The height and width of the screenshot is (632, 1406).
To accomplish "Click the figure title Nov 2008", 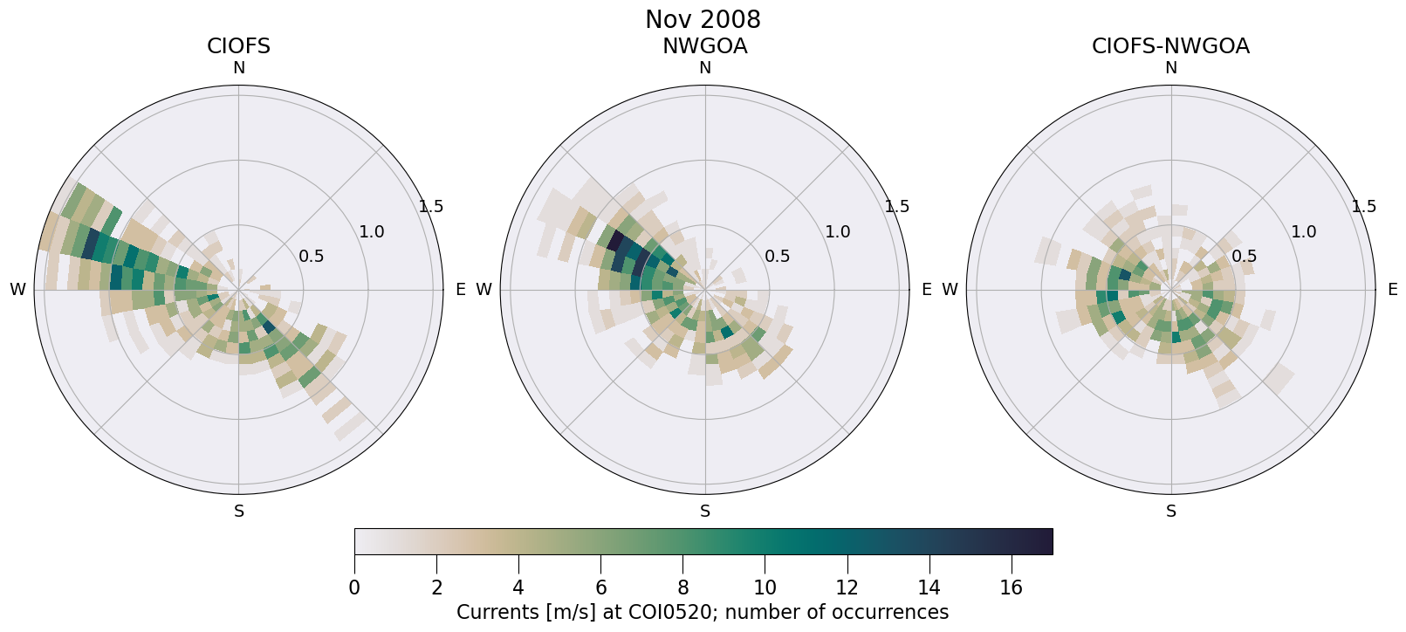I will [x=703, y=19].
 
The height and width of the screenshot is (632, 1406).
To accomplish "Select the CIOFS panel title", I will [x=238, y=46].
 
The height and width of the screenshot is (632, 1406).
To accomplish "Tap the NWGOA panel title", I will [x=704, y=46].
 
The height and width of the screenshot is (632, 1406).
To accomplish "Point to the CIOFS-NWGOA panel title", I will [x=1170, y=46].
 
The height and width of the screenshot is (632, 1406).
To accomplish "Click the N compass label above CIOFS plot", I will [x=238, y=68].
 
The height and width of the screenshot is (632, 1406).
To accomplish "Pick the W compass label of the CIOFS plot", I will [x=17, y=290].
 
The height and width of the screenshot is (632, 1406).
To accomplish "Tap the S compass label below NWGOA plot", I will [x=705, y=512].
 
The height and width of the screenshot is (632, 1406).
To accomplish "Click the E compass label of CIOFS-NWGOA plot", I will [x=1392, y=290].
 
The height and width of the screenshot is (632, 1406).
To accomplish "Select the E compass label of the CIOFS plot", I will [x=460, y=290].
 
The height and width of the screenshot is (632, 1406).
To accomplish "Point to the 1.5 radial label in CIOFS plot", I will [x=431, y=207].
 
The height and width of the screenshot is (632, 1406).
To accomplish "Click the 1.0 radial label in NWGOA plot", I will [x=838, y=232].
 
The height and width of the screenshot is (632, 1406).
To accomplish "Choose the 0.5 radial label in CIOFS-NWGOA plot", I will [x=1244, y=257].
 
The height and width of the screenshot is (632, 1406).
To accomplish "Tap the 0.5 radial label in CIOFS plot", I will [x=312, y=257].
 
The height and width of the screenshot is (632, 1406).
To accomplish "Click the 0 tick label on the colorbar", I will [x=354, y=588].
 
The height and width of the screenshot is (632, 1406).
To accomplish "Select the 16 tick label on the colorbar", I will [x=1011, y=588].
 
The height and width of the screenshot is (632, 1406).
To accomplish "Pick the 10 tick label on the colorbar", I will [x=765, y=588].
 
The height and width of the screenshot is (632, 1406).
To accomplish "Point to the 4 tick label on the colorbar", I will [x=518, y=588].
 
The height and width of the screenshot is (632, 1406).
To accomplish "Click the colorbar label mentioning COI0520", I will [x=703, y=613].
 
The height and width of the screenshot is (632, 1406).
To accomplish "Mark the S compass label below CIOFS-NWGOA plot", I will [x=1171, y=512].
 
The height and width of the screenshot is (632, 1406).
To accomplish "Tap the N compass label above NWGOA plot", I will [x=705, y=68].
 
